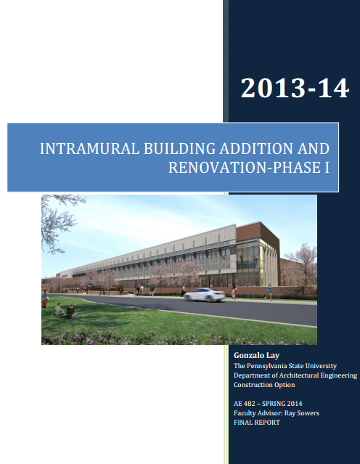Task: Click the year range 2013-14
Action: pos(295,88)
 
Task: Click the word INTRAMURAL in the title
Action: pos(89,149)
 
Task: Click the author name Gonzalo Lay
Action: pos(256,355)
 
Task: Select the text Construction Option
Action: pos(264,385)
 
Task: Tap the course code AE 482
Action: pos(245,404)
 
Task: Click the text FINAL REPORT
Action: pos(257,423)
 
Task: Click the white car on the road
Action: pos(204,295)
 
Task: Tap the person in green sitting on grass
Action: pos(58,309)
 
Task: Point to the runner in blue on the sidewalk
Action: pos(269,292)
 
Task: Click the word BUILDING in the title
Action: pos(179,149)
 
